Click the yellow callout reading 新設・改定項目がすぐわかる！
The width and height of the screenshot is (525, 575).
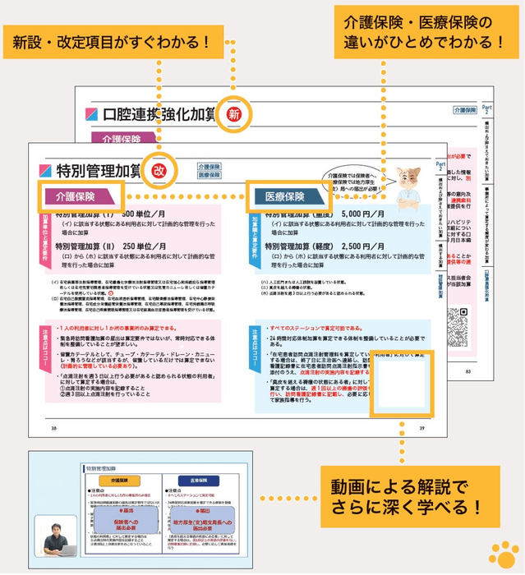(108, 40)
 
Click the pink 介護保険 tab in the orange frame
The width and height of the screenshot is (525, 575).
(81, 196)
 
